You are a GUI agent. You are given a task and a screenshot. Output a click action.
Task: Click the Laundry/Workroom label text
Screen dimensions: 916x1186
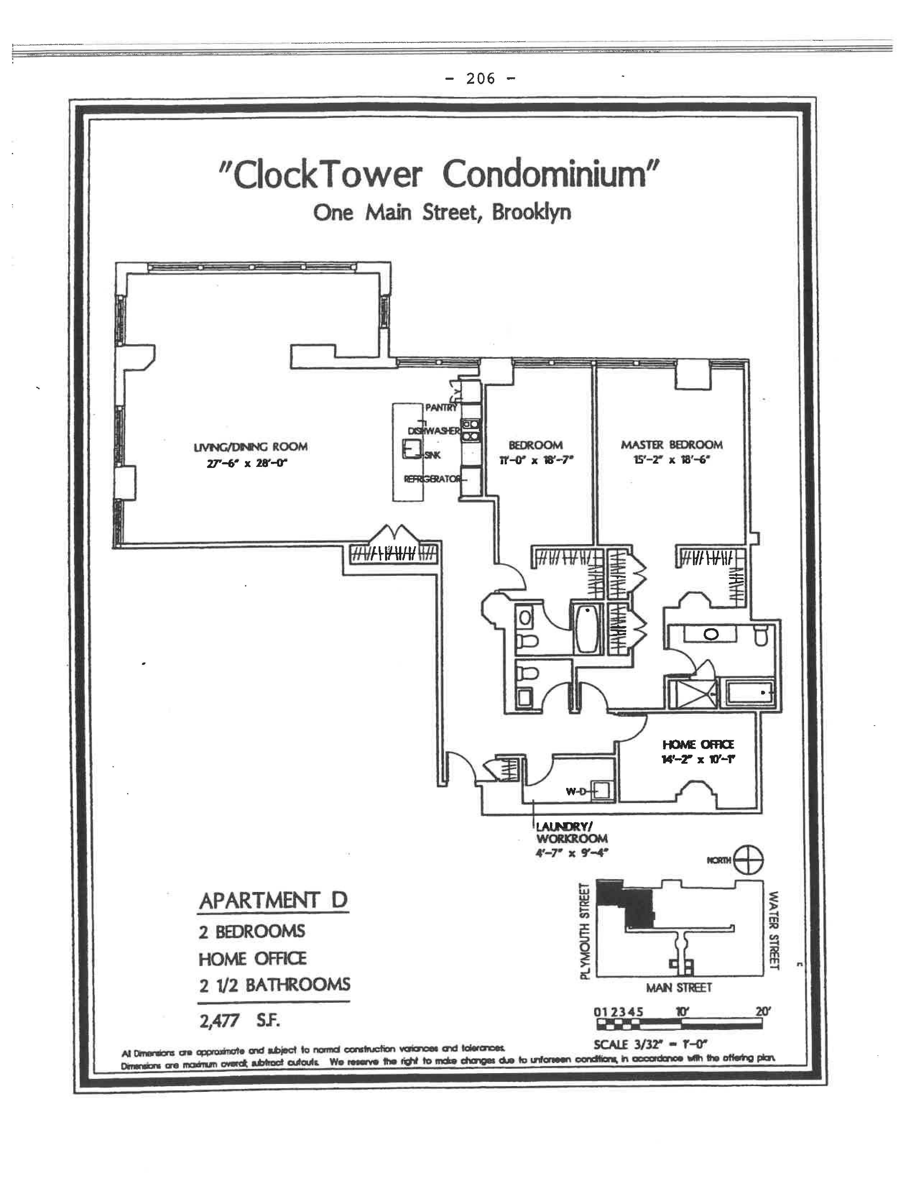571,832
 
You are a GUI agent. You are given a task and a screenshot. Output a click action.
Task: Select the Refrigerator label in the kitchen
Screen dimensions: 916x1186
432,479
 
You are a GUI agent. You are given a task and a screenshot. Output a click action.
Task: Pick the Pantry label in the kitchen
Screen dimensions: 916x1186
441,407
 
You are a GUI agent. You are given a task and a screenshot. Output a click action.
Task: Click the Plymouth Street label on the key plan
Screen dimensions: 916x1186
584,931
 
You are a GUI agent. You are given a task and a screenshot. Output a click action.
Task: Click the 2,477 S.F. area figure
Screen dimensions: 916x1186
239,1021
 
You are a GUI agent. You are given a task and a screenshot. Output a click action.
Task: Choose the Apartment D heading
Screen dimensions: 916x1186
273,901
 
